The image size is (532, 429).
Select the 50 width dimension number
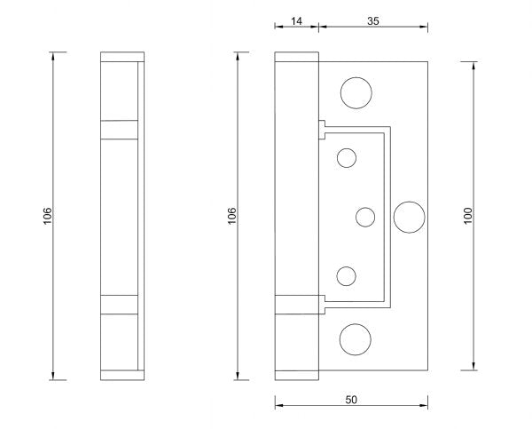tap(351, 401)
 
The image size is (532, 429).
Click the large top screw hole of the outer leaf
tap(356, 91)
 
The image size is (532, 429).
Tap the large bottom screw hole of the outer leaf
tap(356, 338)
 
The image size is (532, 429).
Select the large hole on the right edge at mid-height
tap(409, 216)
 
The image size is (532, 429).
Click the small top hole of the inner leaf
tap(347, 158)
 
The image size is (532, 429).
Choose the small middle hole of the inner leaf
tap(364, 216)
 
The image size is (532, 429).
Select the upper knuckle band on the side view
tap(120, 129)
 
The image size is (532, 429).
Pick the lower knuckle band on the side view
tap(120, 302)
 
